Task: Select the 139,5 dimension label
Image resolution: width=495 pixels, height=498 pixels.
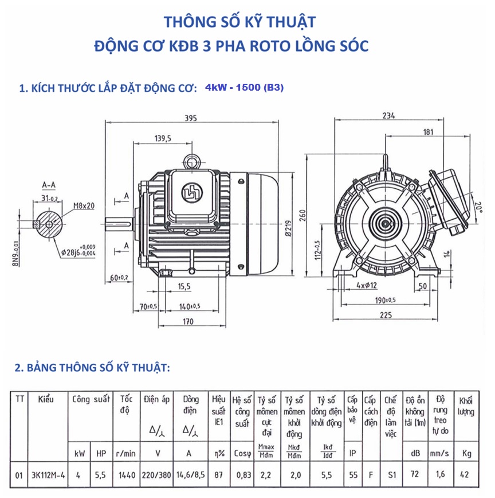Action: [163, 138]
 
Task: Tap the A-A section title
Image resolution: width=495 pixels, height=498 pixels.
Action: [49, 185]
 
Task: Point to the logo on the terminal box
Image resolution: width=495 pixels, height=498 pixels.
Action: [189, 192]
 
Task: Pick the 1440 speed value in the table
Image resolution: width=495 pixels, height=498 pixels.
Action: [127, 474]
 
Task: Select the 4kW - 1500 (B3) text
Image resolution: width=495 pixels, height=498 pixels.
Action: [243, 88]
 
